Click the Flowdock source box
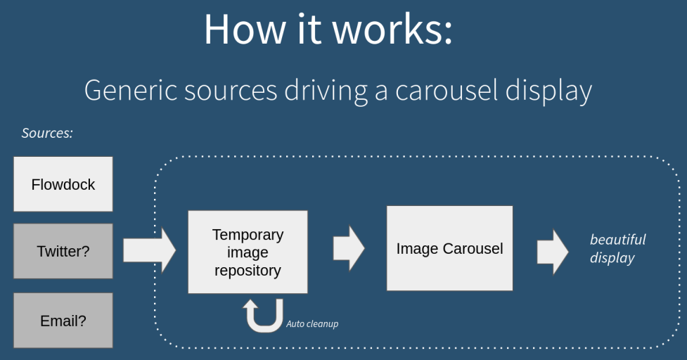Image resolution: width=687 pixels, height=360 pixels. click(63, 184)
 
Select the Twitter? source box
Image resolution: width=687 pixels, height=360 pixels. click(63, 251)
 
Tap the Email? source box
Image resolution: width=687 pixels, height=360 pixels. click(63, 321)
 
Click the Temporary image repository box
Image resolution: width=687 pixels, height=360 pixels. click(248, 252)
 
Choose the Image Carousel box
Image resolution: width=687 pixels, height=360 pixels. click(449, 248)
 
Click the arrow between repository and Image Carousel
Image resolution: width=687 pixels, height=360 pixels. click(348, 248)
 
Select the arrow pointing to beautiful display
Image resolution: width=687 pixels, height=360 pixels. click(553, 251)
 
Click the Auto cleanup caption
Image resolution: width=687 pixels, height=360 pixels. click(312, 324)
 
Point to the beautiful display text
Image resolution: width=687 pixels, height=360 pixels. click(617, 248)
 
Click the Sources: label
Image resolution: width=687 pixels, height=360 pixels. click(47, 133)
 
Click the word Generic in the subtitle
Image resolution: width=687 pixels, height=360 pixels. click(131, 91)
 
